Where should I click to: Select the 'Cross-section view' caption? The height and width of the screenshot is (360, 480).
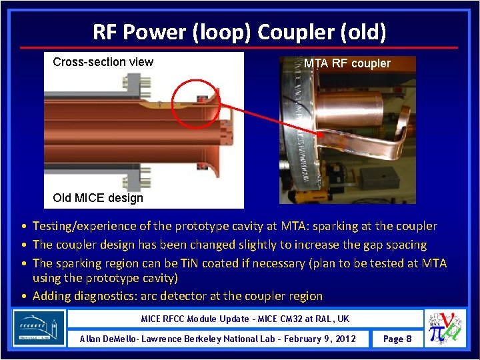pos(103,62)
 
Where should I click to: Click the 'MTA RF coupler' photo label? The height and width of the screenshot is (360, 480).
pos(347,63)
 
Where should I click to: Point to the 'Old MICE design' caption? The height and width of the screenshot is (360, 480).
pos(97,197)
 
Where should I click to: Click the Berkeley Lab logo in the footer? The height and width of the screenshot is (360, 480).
pos(39,327)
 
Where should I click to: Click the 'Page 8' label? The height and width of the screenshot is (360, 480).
pos(397,339)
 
